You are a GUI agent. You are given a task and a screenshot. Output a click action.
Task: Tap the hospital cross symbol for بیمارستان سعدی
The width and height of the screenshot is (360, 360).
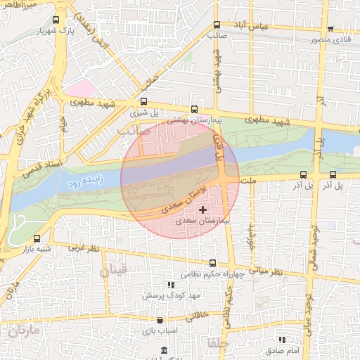(203, 210)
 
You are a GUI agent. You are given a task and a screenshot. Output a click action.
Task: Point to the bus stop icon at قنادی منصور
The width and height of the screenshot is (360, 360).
(330, 29)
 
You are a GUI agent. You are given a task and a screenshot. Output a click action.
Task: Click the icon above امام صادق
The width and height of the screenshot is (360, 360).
(282, 340)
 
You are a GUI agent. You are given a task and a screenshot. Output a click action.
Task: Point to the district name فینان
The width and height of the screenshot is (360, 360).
(112, 270)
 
